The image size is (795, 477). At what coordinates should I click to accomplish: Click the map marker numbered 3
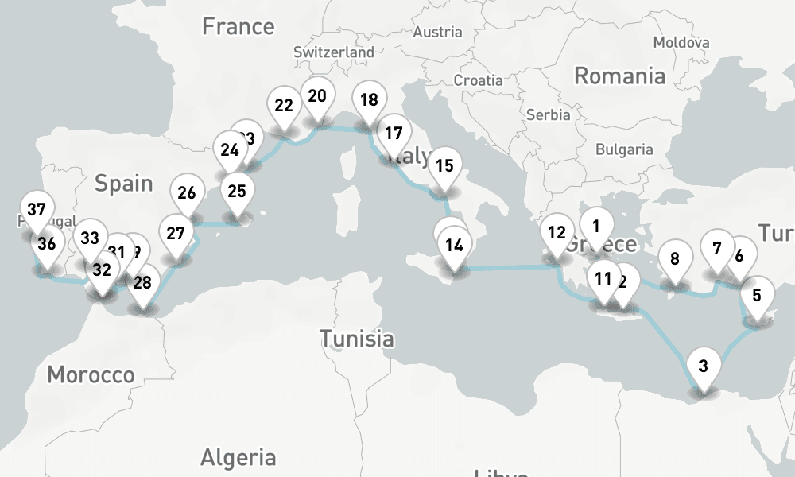703,366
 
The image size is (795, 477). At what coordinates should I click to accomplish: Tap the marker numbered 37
36,211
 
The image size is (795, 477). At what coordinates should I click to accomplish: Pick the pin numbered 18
368,100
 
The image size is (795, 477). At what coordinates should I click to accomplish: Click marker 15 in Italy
444,166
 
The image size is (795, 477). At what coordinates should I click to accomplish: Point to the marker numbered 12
556,234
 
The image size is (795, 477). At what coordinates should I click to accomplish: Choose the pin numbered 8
675,259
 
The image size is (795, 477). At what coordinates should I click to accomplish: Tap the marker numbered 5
757,296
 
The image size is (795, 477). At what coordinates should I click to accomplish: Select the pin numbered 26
187,193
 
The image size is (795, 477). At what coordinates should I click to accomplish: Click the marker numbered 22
284,106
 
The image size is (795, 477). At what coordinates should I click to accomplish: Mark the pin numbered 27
176,235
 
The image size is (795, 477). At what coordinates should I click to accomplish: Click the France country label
238,26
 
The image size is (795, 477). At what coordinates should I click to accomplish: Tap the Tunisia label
356,339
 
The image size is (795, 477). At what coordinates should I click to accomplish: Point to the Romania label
619,76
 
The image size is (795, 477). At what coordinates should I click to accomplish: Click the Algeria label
238,457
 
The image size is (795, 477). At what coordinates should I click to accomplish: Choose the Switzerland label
333,52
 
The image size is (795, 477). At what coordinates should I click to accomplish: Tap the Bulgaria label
624,149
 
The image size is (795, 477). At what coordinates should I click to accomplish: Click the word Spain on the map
123,184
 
